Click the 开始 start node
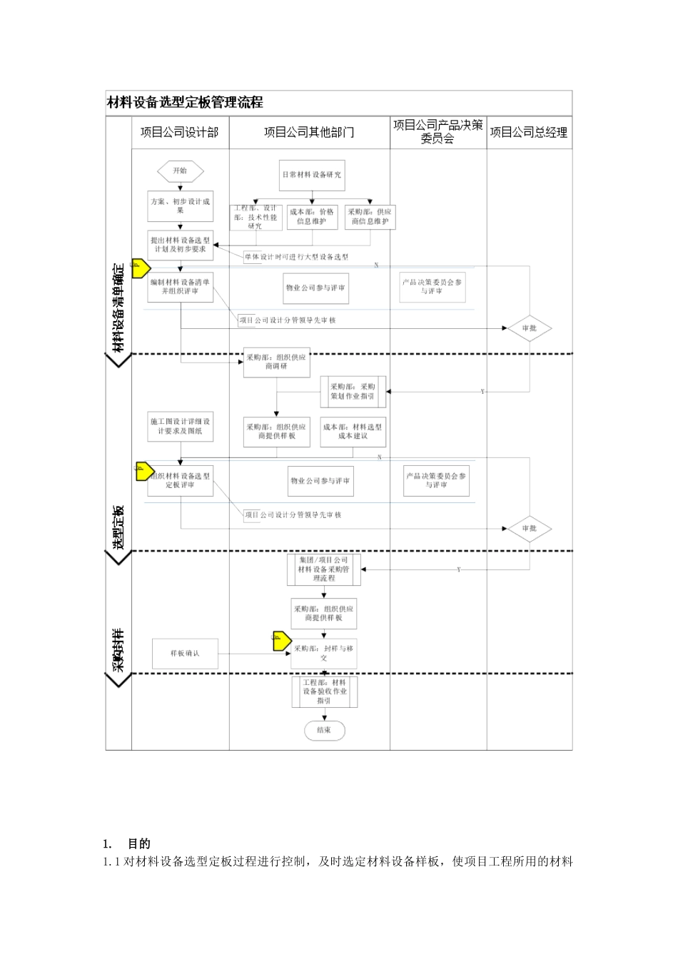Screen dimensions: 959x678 click(x=180, y=171)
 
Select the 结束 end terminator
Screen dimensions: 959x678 click(x=324, y=730)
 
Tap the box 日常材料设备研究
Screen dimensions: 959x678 click(x=312, y=175)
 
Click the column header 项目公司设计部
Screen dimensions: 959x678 click(x=180, y=132)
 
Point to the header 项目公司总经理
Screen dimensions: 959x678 click(x=529, y=132)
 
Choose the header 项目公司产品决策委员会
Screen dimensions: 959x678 click(x=437, y=132)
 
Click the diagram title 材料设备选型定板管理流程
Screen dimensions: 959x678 click(x=185, y=103)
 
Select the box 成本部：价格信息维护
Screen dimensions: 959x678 click(x=312, y=217)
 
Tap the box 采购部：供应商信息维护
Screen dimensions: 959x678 click(x=370, y=217)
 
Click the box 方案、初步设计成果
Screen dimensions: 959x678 click(x=180, y=205)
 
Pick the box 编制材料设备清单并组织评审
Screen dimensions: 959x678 click(x=180, y=287)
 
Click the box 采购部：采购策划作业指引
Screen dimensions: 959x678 click(x=353, y=392)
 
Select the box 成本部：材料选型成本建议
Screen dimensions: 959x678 click(x=353, y=432)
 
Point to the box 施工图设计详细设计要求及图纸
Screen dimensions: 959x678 click(x=180, y=426)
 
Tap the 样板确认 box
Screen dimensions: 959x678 click(x=185, y=654)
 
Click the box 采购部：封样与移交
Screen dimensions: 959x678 click(x=324, y=653)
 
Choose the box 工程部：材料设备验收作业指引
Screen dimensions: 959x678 click(x=324, y=691)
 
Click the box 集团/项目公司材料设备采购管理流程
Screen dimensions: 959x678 click(x=324, y=569)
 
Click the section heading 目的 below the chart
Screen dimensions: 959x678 click(x=139, y=843)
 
